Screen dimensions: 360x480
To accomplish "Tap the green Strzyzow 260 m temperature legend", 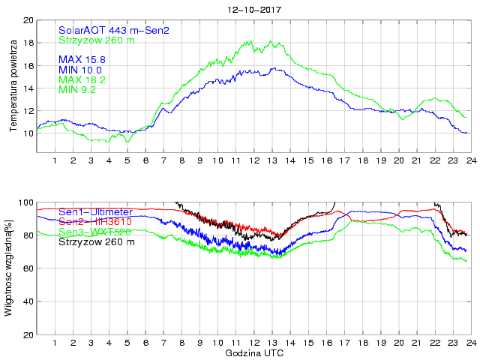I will (x=97, y=40).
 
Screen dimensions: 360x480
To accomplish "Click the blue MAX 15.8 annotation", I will (x=85, y=59).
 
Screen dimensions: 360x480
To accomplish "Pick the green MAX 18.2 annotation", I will (x=85, y=79).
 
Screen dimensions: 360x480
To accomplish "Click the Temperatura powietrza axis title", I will (x=13, y=76).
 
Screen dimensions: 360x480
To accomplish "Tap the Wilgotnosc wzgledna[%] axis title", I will (x=9, y=268).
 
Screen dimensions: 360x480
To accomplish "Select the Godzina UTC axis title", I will (x=254, y=352).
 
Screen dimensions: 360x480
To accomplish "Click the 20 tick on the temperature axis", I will (x=28, y=20).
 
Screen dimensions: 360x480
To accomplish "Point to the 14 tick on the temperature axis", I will (x=28, y=88).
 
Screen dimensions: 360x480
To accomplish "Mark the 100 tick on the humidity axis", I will (x=25, y=202).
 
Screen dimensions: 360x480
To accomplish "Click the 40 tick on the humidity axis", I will (x=28, y=301).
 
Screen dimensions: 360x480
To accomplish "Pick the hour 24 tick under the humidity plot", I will (x=470, y=343).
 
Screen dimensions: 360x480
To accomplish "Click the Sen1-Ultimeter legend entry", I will (x=95, y=212).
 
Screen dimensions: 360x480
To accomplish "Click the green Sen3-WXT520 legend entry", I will (x=94, y=232).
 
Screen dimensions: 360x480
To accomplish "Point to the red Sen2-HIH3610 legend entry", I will (x=94, y=222).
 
